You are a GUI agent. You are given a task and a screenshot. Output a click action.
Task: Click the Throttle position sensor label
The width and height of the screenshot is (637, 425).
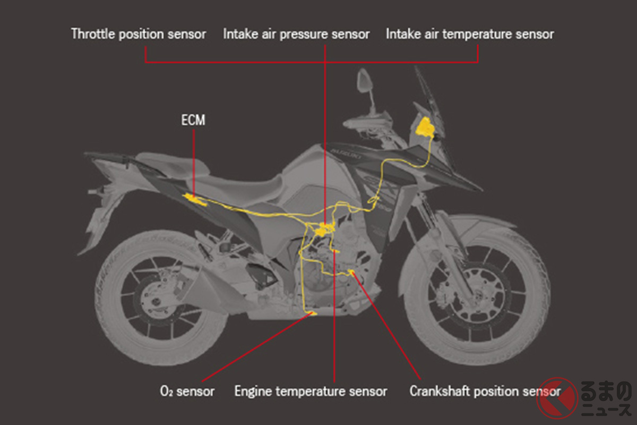point(139,35)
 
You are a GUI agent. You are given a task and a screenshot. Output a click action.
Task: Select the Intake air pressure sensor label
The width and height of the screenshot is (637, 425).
point(296,35)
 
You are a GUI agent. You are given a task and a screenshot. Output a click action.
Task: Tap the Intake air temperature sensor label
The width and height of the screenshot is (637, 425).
point(470,35)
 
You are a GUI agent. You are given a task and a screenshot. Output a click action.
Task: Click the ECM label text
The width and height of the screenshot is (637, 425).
point(193,120)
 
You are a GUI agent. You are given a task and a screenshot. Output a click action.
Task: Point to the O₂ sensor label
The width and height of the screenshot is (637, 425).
point(187,392)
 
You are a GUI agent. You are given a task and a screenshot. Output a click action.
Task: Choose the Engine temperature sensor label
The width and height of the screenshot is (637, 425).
point(311,392)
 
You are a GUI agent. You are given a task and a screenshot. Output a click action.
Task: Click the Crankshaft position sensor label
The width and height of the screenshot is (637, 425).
point(485,392)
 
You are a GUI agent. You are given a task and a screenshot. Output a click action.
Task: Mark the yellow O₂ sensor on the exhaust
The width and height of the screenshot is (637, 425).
point(313,313)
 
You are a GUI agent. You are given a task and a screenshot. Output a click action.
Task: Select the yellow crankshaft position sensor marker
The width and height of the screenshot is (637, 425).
point(351,272)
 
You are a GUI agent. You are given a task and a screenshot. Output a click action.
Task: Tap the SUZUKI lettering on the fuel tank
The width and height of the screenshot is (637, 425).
point(346,154)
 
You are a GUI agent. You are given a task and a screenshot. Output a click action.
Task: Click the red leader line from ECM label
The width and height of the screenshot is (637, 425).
point(194,163)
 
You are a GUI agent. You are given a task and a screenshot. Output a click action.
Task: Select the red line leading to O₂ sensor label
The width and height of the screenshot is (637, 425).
point(257,347)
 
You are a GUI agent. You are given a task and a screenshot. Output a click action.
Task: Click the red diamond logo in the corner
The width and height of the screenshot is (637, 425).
point(557,398)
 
